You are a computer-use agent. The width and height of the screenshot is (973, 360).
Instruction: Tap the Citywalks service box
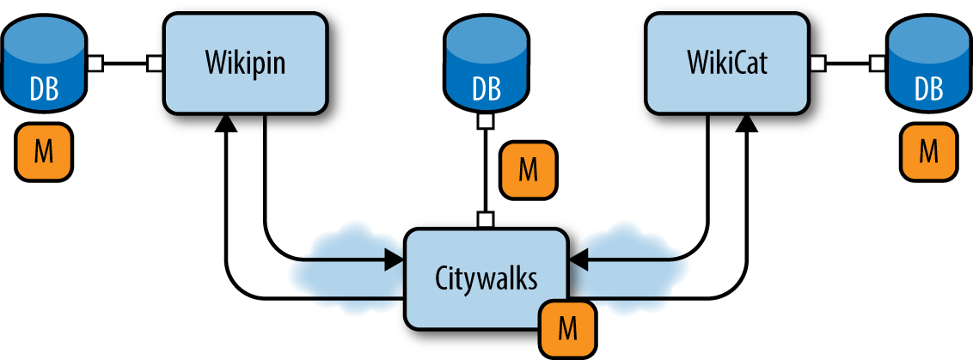click(x=486, y=278)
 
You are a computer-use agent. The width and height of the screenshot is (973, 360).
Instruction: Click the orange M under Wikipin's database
click(x=43, y=154)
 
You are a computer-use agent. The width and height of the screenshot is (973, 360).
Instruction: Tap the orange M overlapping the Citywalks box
click(x=567, y=328)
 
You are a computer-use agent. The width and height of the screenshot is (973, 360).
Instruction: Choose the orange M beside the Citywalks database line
click(x=529, y=170)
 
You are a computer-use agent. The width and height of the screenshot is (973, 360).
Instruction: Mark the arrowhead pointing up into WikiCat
click(x=747, y=125)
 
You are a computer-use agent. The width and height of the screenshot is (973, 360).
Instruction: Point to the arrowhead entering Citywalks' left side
click(x=395, y=256)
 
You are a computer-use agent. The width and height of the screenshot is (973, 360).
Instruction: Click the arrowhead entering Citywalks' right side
click(x=578, y=256)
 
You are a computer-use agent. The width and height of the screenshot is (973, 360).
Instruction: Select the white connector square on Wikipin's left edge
click(x=155, y=64)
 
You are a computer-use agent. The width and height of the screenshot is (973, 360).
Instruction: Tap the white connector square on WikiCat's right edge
click(x=817, y=64)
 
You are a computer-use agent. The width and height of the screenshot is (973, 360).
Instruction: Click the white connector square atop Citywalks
click(x=486, y=221)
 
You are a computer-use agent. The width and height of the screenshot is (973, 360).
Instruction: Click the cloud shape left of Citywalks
click(x=344, y=258)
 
